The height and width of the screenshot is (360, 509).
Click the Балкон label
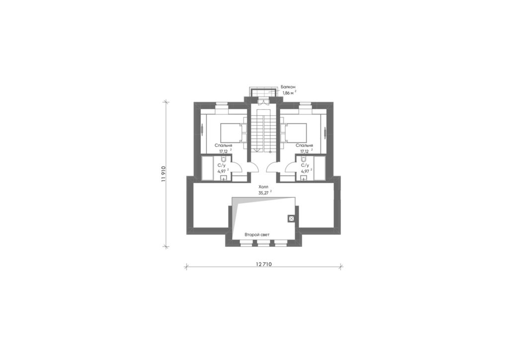[288, 87]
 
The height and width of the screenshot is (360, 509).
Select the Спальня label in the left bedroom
[223, 146]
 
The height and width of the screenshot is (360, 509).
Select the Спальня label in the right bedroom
[304, 146]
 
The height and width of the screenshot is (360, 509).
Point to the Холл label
[263, 187]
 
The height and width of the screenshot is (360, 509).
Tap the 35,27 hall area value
[263, 193]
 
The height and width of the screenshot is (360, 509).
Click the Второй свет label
[257, 235]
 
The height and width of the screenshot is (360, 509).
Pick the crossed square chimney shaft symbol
[291, 218]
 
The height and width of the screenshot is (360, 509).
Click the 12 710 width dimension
[263, 264]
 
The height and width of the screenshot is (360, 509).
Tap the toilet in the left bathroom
[223, 159]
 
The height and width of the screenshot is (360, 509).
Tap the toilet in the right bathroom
[303, 159]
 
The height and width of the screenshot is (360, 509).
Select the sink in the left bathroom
[224, 178]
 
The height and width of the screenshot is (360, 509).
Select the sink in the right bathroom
[304, 178]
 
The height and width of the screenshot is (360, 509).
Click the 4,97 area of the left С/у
[221, 171]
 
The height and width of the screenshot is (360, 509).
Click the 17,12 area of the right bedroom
[304, 152]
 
